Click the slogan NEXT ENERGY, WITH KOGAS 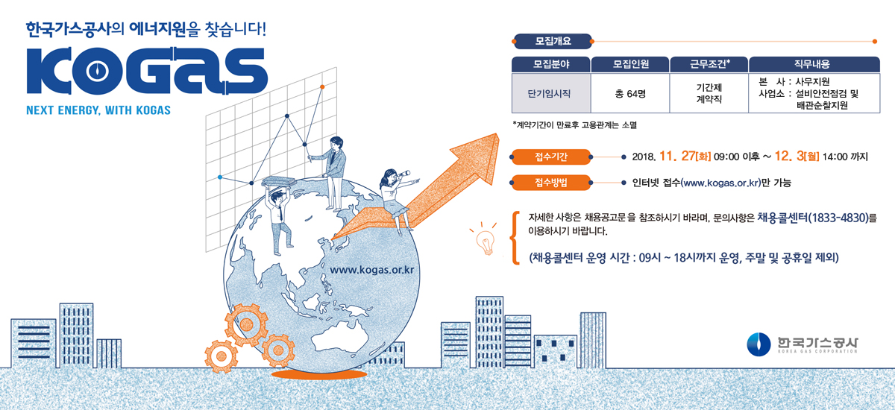[x=98, y=110]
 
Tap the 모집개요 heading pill [x=552, y=40]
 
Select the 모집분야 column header [x=550, y=64]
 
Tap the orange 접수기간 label [x=552, y=157]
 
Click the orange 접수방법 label [x=552, y=181]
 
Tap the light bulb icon [x=486, y=239]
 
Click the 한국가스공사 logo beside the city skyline [x=803, y=344]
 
